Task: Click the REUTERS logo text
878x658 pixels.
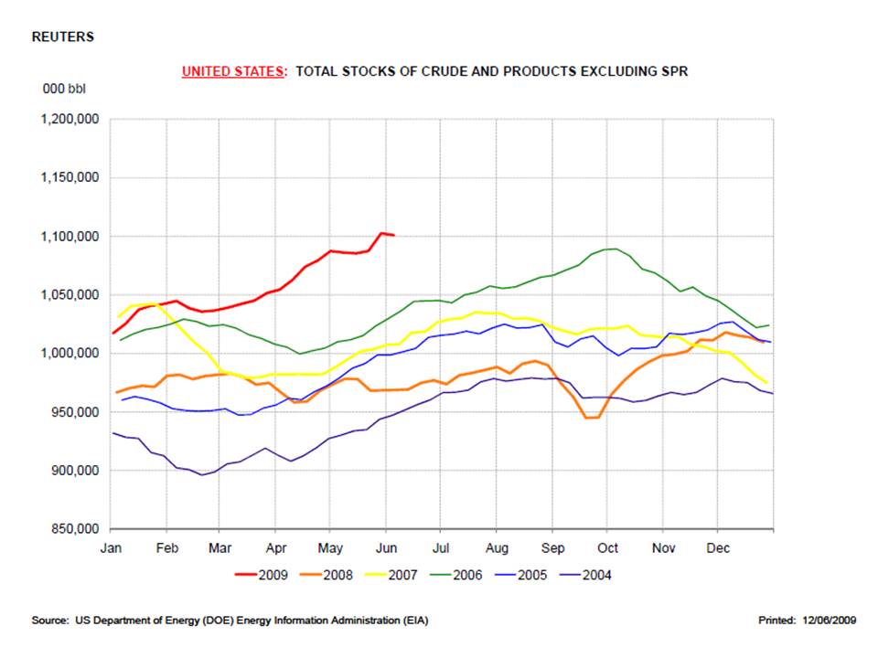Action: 62,37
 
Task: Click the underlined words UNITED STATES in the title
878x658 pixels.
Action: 232,71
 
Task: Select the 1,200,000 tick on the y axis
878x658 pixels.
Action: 70,120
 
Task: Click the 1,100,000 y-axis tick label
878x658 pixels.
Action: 70,237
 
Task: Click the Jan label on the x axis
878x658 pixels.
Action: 111,548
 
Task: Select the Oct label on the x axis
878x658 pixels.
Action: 607,548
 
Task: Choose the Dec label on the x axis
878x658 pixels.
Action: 717,548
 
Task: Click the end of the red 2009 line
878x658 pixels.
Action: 393,235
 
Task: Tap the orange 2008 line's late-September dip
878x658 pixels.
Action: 591,418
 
